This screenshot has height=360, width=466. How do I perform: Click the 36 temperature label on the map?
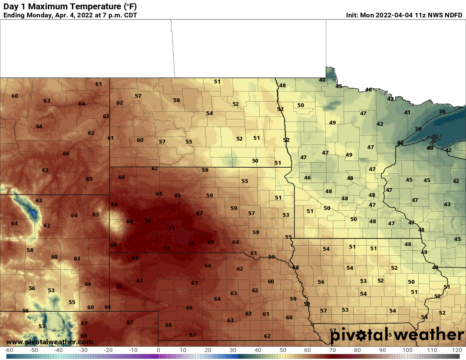tap(442, 112)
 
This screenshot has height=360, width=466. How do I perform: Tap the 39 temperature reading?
tap(418, 129)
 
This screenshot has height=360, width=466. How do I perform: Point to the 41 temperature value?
tap(407, 113)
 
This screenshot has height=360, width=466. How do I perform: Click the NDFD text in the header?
tap(453, 15)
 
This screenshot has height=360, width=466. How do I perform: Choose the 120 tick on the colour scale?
tap(457, 350)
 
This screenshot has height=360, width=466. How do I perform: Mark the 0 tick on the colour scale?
tap(158, 350)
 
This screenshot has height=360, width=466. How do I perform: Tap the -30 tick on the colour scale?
tap(83, 350)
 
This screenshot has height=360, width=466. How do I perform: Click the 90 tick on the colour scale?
tap(383, 350)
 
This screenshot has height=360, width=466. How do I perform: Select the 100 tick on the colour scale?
tap(408, 350)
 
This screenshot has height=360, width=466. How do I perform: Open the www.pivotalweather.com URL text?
tap(50, 342)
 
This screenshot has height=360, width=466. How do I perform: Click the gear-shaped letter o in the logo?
tap(361, 335)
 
